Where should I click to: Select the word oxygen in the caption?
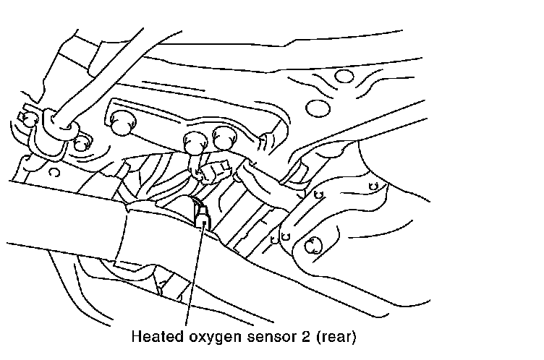(x=203, y=338)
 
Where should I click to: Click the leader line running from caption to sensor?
(x=195, y=275)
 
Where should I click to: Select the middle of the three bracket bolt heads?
(x=195, y=141)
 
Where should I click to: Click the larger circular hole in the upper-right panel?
(x=316, y=108)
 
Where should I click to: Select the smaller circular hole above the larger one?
(x=345, y=77)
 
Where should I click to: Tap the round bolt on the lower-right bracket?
(x=313, y=245)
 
